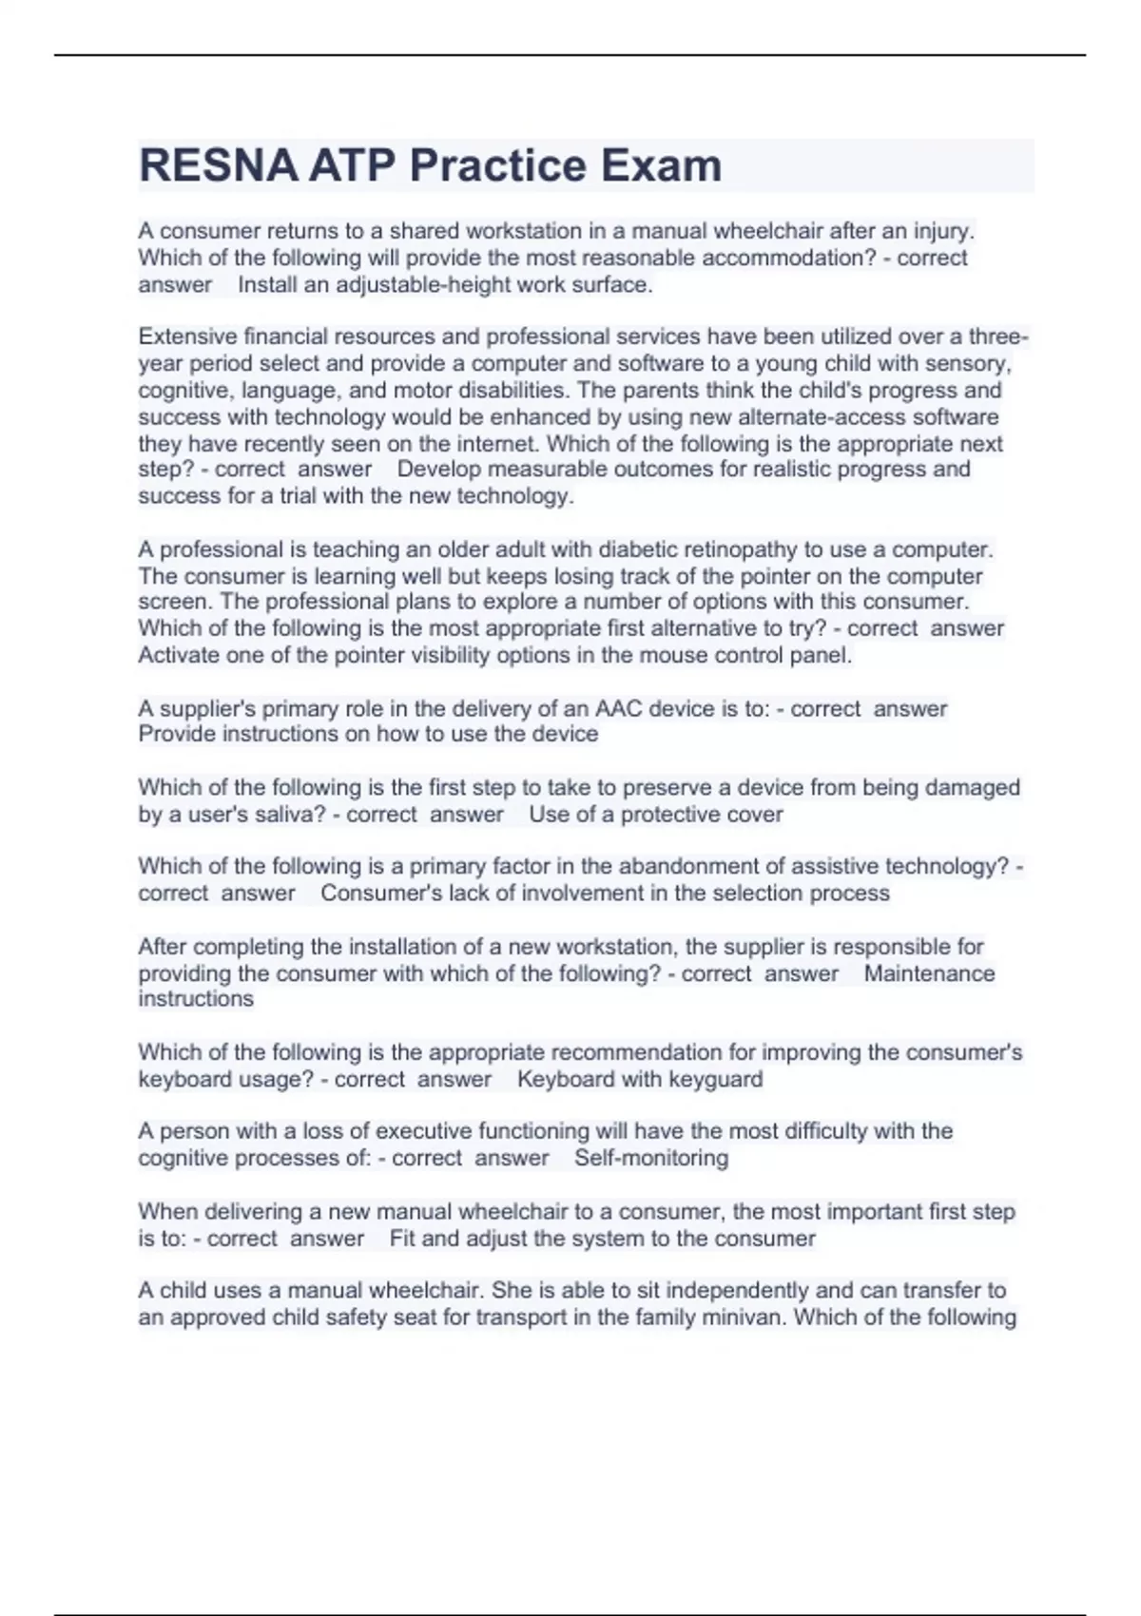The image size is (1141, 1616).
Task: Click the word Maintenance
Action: pyautogui.click(x=929, y=973)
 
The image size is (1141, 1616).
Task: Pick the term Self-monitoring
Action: pyautogui.click(x=651, y=1158)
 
